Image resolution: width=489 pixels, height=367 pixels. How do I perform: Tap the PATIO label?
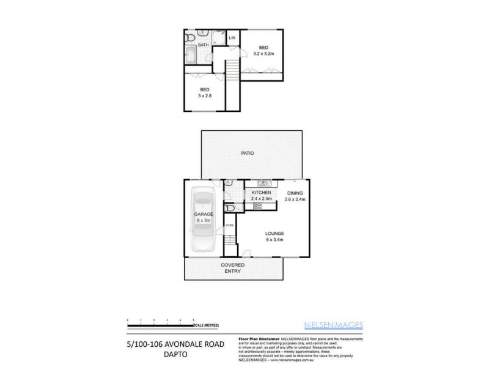247,153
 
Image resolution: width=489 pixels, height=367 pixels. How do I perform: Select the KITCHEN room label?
261,193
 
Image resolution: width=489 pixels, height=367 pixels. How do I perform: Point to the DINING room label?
295,193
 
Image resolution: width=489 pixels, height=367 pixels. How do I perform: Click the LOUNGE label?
274,233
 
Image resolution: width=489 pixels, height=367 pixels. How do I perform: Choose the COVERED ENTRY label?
233,268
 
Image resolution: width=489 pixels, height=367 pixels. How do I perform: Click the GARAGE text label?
203,215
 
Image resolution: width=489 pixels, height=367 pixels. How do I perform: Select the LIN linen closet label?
232,38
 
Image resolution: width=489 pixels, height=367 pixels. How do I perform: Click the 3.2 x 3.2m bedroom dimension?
263,53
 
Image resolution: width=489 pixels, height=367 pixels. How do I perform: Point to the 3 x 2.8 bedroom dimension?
204,96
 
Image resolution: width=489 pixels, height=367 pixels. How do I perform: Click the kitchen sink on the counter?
263,183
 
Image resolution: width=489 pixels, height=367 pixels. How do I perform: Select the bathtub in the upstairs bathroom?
189,57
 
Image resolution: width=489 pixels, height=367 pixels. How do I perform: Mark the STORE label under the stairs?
229,226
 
